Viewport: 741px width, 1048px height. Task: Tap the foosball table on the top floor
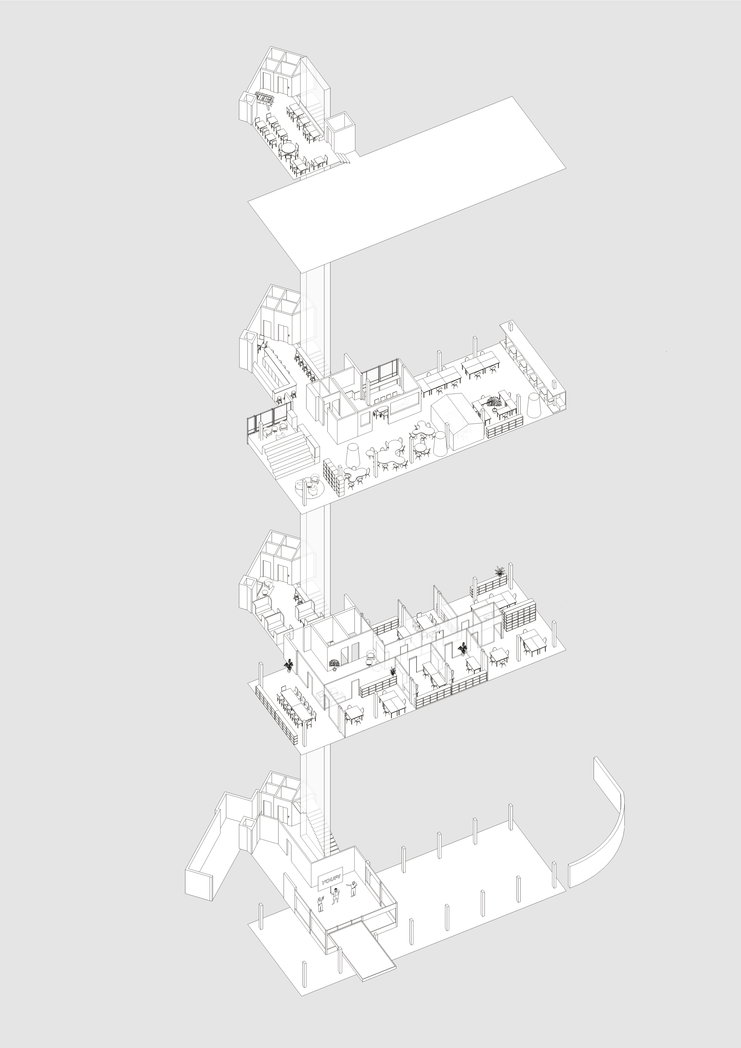(265, 98)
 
